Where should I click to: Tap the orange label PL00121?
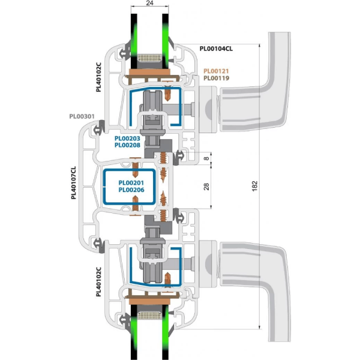click(x=217, y=70)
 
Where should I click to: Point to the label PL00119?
click(x=217, y=78)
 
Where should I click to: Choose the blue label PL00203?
click(x=127, y=139)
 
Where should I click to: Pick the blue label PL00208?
click(x=127, y=145)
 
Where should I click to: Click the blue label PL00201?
click(x=131, y=183)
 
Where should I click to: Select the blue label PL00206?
click(x=131, y=190)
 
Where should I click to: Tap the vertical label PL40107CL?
click(x=73, y=180)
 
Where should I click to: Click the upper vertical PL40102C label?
click(x=100, y=77)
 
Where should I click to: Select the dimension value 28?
click(x=207, y=186)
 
